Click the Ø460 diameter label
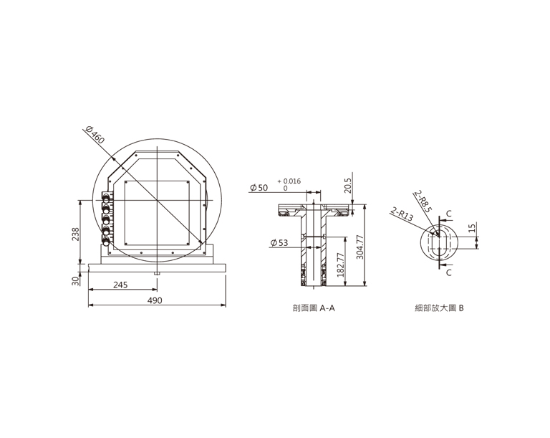tap(95, 135)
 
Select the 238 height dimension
tap(75, 234)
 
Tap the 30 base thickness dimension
tap(75, 280)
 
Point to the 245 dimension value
tap(120, 285)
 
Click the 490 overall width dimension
tap(155, 300)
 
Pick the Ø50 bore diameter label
tap(259, 188)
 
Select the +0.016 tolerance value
tap(289, 181)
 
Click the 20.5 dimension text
tap(347, 186)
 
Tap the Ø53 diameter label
tap(279, 242)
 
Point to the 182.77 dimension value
tap(340, 265)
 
